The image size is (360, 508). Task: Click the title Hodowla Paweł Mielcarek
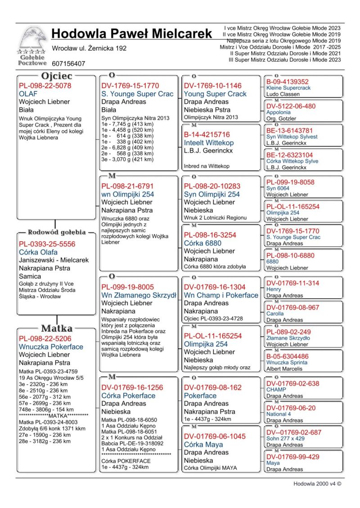pyautogui.click(x=131, y=34)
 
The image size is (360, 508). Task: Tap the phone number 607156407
pyautogui.click(x=68, y=64)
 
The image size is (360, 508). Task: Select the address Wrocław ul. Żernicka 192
pyautogui.click(x=89, y=49)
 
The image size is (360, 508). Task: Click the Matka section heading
pyautogui.click(x=57, y=328)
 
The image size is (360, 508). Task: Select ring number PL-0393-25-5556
pyautogui.click(x=47, y=244)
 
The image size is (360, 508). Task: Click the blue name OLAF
pyautogui.click(x=28, y=94)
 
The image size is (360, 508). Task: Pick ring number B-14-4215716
pyautogui.click(x=207, y=134)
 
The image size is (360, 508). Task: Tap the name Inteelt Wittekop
pyautogui.click(x=209, y=143)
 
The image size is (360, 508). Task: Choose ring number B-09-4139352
pyautogui.click(x=288, y=82)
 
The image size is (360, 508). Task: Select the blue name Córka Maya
pyautogui.click(x=203, y=444)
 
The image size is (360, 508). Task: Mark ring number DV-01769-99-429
pyautogui.click(x=293, y=457)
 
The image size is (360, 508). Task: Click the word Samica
pyautogui.click(x=30, y=276)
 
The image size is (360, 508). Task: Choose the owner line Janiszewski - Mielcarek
pyautogui.click(x=54, y=260)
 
